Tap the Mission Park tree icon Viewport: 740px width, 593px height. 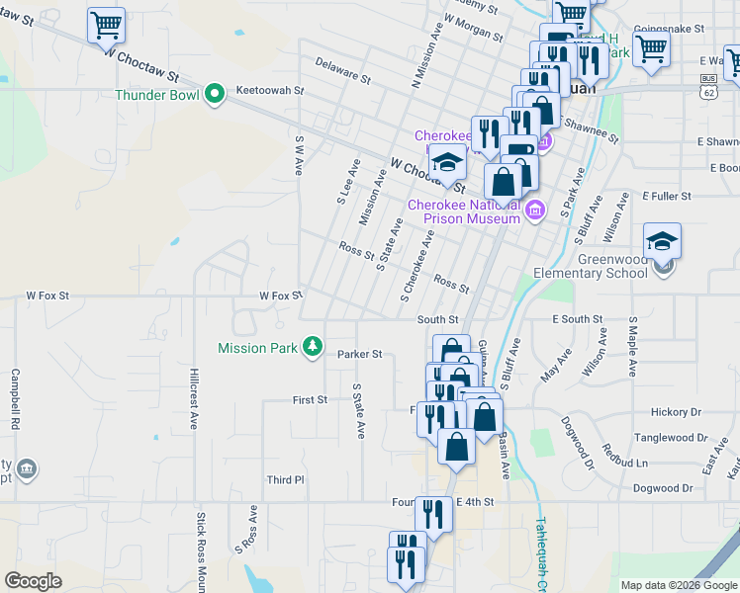[313, 346]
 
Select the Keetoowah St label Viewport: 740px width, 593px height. [269, 90]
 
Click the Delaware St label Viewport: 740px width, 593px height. [342, 69]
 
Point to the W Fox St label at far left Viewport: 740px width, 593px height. [47, 296]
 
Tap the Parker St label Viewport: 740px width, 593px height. [359, 354]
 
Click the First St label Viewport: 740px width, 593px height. [310, 400]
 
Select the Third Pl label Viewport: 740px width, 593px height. [286, 479]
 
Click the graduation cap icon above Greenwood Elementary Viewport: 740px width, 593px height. [662, 240]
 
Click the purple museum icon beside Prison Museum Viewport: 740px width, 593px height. [535, 209]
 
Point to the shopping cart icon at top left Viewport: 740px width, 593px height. [106, 25]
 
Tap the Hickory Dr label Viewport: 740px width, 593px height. [676, 412]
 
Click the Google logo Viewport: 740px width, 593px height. [33, 581]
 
